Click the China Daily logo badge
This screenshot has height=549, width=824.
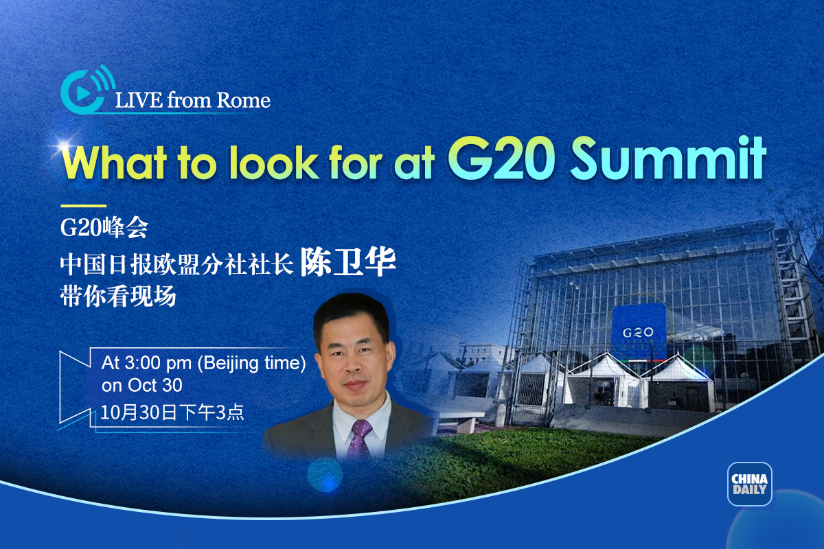point(749,484)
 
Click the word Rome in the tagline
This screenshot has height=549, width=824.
point(243,100)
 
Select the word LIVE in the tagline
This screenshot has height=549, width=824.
point(139,100)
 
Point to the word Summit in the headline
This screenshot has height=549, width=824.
point(668,159)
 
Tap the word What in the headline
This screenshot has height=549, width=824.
point(115,162)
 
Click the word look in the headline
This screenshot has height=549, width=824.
point(274,162)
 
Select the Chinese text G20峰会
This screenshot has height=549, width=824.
point(104,228)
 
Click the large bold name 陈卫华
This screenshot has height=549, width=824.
point(348,262)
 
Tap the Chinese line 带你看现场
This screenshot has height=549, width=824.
point(118,296)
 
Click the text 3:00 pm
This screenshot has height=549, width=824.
point(158,363)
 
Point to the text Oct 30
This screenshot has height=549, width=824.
point(155,386)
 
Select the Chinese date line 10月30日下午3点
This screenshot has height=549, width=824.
point(172,412)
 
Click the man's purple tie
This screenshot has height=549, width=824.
point(359,439)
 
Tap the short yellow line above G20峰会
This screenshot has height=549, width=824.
point(84,206)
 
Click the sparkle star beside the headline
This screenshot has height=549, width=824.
point(65,145)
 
